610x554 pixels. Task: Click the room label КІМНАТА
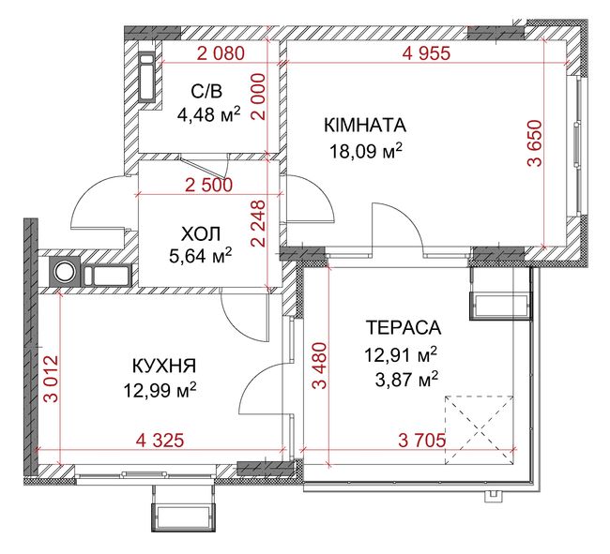coord(365,126)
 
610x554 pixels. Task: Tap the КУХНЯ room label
coord(164,366)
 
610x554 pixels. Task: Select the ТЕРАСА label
coord(404,327)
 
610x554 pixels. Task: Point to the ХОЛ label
coord(201,234)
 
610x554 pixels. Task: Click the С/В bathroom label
coord(206,92)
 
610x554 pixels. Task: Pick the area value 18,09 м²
coord(365,151)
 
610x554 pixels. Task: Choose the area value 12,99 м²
coord(160,390)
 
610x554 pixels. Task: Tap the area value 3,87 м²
coord(407,380)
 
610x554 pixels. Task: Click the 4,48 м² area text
coord(208,114)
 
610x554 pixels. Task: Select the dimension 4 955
coord(426,53)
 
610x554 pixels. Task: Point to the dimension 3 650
coord(535,143)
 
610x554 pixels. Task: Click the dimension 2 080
coord(221,53)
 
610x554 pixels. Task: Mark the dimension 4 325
coord(160,441)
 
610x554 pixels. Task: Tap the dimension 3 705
coord(422,441)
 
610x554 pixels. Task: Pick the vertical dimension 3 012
coord(51,379)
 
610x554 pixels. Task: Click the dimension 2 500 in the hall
coord(209,186)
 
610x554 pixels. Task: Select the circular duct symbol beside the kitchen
coord(64,271)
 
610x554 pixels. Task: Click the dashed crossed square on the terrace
coord(479,429)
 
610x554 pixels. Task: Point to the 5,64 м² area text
coord(201,256)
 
